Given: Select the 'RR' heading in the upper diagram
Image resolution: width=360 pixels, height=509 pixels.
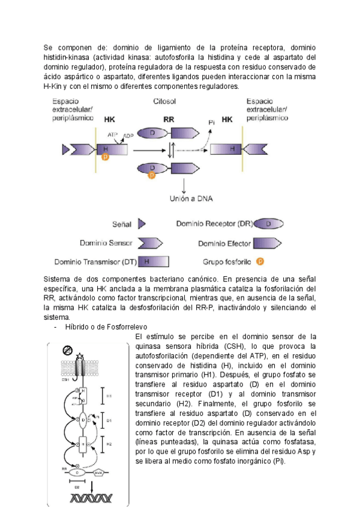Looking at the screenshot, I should [169, 119].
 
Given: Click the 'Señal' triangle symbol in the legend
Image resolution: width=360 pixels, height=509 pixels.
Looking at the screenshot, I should [142, 224].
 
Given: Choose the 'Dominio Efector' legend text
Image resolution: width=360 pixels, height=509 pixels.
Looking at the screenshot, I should [224, 243].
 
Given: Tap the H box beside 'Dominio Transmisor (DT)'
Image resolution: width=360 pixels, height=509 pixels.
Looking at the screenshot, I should [153, 262].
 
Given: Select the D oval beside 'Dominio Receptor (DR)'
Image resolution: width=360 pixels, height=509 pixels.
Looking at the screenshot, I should [269, 224].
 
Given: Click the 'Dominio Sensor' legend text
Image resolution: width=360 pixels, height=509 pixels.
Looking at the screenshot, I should [106, 243].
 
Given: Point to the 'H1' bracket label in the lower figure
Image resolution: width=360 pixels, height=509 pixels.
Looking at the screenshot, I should [109, 397].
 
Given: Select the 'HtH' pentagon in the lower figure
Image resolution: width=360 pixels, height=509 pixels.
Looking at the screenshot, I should [99, 473].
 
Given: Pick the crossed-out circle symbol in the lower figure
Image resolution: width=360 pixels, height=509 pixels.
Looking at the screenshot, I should [67, 350].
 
